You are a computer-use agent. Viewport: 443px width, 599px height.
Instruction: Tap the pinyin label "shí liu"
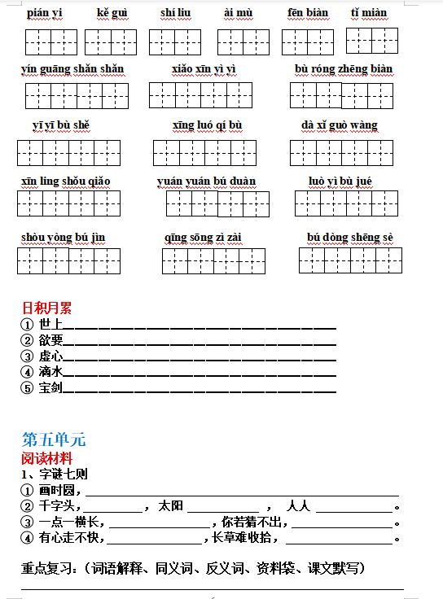click(176, 13)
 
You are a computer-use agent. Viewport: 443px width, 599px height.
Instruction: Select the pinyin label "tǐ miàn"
click(369, 13)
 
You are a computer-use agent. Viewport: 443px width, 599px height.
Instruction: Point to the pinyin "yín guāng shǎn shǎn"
click(72, 68)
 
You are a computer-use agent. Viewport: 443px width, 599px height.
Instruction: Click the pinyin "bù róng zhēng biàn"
click(343, 68)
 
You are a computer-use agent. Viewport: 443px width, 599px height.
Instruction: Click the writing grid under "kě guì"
click(111, 42)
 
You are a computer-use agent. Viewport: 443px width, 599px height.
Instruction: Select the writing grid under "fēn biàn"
click(307, 42)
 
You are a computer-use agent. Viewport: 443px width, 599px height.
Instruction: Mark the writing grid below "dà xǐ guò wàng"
click(341, 153)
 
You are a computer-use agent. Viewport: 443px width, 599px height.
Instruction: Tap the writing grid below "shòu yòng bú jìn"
click(68, 261)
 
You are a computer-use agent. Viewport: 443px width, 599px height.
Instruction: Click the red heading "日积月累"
click(46, 308)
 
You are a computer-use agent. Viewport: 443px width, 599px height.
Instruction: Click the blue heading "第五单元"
click(53, 440)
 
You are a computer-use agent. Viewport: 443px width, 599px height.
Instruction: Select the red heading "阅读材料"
click(46, 458)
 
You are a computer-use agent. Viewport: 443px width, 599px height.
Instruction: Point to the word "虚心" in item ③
click(50, 356)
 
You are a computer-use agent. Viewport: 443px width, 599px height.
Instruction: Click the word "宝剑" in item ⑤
click(50, 387)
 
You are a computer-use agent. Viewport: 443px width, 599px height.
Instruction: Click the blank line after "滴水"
click(200, 373)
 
